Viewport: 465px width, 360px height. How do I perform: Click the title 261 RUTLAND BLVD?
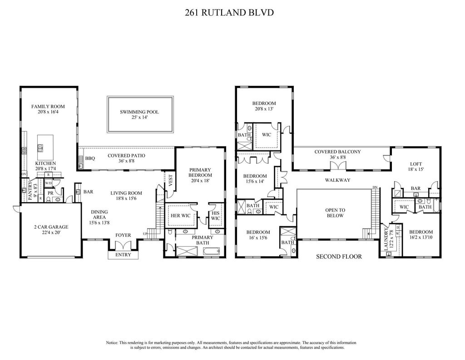229,12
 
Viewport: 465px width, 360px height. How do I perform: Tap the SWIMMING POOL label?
139,112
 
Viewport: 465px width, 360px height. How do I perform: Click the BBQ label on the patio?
89,159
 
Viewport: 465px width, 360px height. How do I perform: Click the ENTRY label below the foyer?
123,255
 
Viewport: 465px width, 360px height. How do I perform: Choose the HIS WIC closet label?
215,215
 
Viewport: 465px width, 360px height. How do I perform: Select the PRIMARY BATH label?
202,237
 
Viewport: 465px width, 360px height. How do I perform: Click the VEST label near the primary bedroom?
170,180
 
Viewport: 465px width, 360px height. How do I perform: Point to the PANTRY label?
30,191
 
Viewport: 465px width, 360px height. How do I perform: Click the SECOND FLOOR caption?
339,256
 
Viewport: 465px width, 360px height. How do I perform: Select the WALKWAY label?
337,180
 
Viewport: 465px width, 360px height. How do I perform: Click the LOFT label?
416,164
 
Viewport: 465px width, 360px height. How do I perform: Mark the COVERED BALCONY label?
337,152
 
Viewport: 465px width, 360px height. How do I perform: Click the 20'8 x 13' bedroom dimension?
264,109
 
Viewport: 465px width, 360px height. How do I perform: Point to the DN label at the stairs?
375,187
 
